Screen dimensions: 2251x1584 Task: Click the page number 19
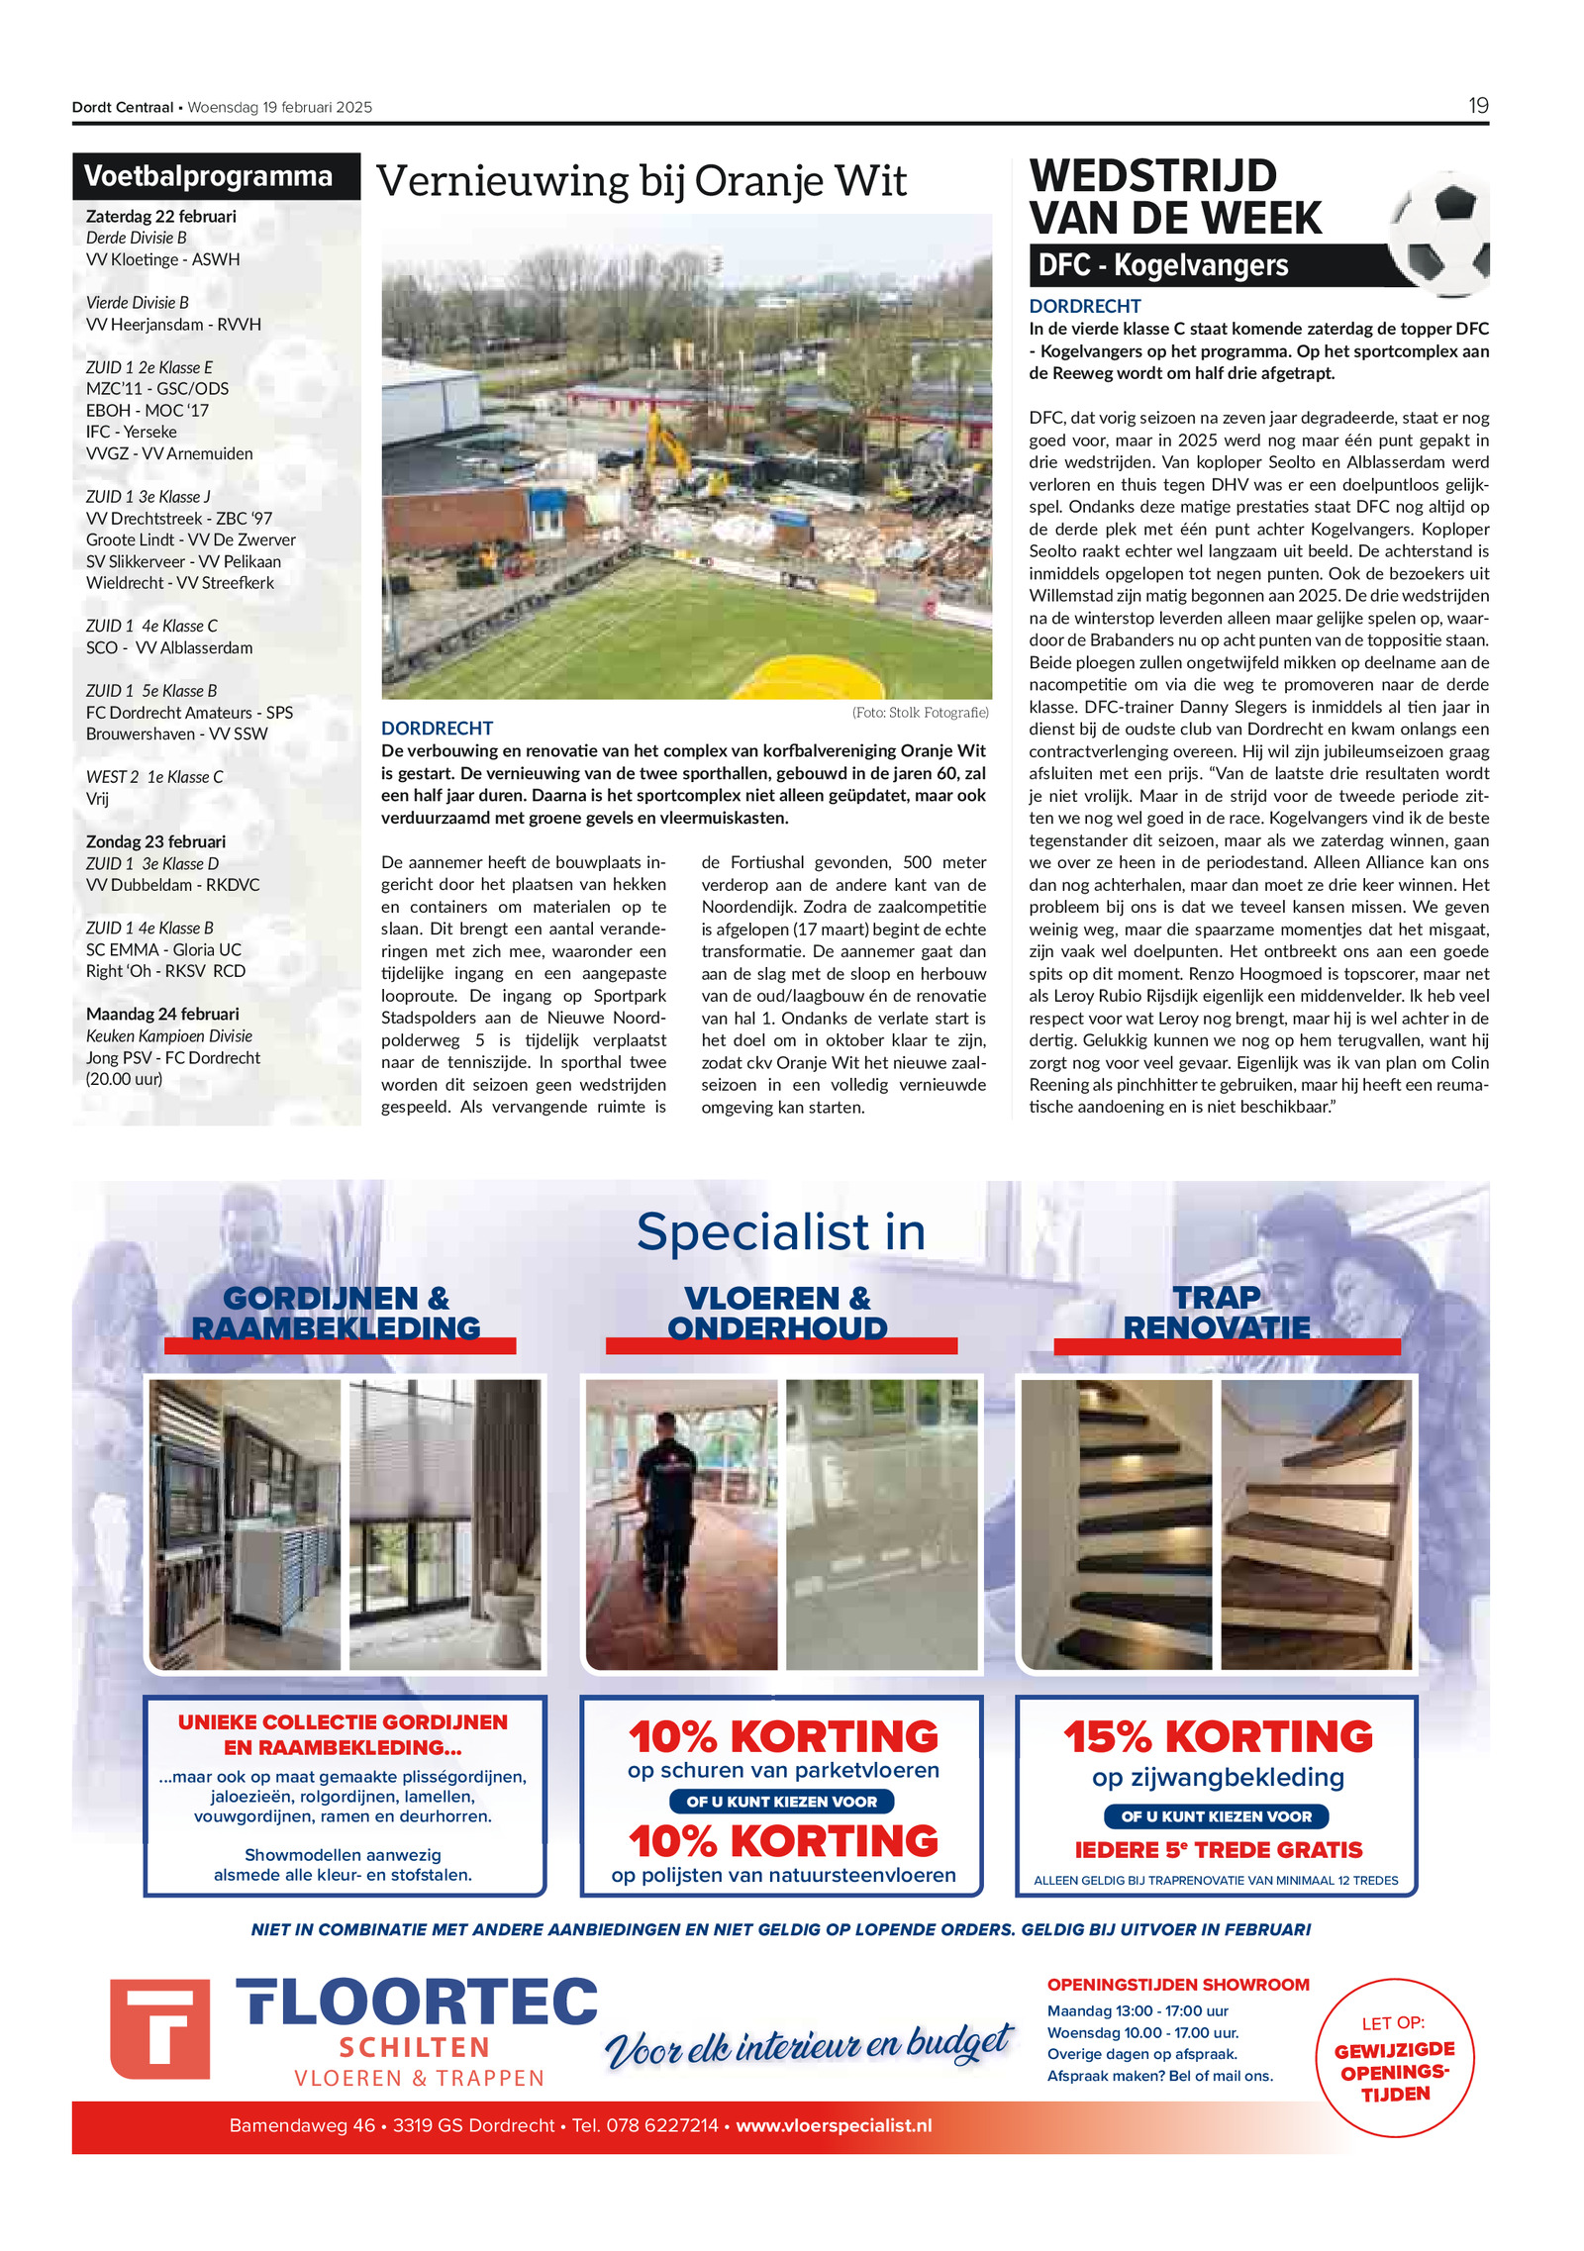(x=1477, y=106)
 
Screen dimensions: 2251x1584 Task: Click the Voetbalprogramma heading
(x=208, y=176)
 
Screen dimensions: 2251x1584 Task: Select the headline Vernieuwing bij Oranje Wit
(x=641, y=181)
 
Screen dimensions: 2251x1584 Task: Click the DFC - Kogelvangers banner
(x=1163, y=265)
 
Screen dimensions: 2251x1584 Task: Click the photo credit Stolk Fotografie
(x=920, y=713)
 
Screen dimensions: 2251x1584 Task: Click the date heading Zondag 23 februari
(x=155, y=841)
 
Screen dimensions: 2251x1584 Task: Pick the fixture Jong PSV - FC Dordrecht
(x=173, y=1057)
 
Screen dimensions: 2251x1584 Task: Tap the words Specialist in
(x=780, y=1232)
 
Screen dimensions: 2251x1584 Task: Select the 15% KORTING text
(x=1218, y=1737)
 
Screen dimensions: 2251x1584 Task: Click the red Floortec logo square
(x=159, y=2028)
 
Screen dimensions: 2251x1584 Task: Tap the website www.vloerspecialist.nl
(x=834, y=2125)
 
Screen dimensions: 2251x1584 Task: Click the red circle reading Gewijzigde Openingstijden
(x=1394, y=2057)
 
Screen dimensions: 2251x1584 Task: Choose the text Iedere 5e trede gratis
(x=1218, y=1850)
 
